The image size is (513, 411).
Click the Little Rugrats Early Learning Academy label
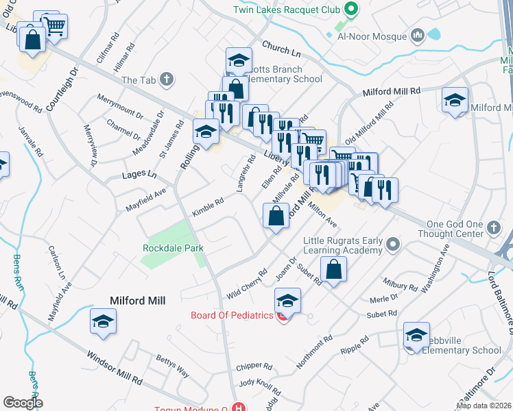(x=342, y=245)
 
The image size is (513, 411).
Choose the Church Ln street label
(x=281, y=47)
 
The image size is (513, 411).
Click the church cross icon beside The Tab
(x=165, y=80)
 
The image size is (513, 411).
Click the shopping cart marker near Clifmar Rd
(x=56, y=26)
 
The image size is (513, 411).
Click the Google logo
(x=23, y=402)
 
